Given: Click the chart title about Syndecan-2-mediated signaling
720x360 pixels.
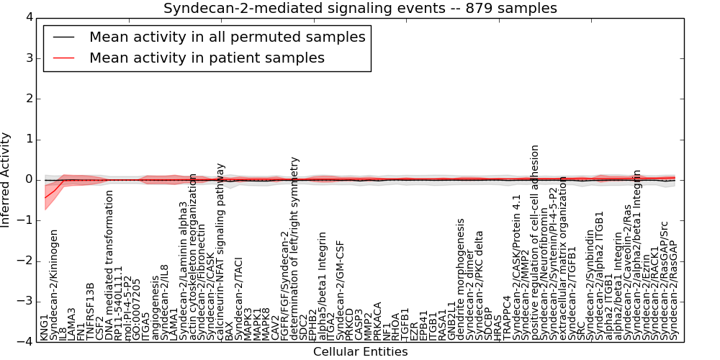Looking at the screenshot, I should click(x=360, y=9).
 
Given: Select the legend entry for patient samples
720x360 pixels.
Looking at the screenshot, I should click(x=207, y=58).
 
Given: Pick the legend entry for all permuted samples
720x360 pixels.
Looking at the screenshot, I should click(x=227, y=37).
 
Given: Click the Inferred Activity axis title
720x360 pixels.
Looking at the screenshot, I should click(x=6, y=180).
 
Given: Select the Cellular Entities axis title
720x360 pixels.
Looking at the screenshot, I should click(x=360, y=352).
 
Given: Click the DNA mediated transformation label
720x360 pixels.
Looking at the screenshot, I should click(x=109, y=266).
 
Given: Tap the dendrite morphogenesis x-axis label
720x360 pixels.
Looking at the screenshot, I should click(x=461, y=279).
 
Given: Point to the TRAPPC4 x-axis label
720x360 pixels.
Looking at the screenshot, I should click(x=507, y=318).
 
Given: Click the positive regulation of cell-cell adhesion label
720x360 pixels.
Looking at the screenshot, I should click(x=535, y=242).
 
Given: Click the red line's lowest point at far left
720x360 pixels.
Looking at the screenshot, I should click(x=45, y=197).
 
